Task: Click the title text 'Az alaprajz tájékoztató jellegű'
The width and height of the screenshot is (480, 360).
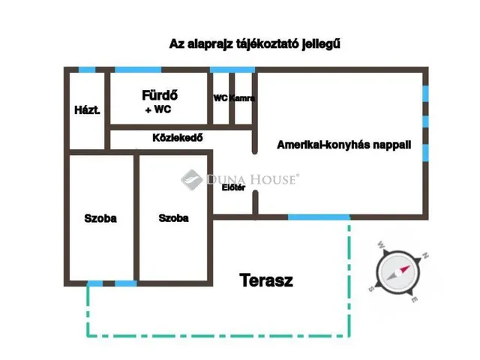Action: point(254,44)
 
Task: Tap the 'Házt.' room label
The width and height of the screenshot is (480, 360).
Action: point(87,110)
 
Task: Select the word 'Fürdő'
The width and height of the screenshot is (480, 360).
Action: point(158,96)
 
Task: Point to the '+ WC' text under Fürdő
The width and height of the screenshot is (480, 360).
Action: point(157,110)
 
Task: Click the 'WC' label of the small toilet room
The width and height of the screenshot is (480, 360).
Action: point(220,98)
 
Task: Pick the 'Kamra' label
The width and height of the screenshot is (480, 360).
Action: point(242,98)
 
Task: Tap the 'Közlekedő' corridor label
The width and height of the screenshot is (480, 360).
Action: point(178,138)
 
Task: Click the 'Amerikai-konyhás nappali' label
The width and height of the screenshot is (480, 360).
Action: point(343,145)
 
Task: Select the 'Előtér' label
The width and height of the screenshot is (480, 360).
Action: point(233,187)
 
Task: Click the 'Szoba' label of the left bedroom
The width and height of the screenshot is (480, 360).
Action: point(100,218)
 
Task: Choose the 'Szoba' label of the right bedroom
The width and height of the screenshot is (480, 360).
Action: point(173,218)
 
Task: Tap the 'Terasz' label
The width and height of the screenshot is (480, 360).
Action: point(266,281)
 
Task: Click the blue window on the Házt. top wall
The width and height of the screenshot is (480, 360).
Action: point(87,70)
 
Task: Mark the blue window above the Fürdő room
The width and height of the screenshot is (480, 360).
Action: point(138,70)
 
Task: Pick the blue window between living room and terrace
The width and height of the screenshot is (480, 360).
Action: point(319,217)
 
